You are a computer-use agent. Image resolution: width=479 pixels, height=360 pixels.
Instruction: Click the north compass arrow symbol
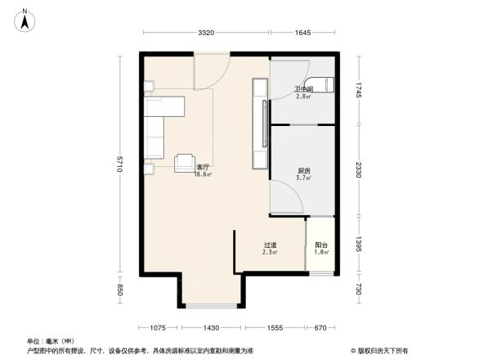pos(25,18)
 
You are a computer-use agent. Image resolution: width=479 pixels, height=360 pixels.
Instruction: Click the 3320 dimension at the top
pos(205,33)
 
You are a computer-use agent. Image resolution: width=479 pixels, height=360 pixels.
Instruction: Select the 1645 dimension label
pos(302,33)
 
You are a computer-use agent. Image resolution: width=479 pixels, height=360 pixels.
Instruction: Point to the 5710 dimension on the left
pos(119,164)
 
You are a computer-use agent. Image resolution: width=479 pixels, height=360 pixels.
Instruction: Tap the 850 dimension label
pos(119,289)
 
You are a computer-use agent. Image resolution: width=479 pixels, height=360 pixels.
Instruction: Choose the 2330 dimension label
pos(358,169)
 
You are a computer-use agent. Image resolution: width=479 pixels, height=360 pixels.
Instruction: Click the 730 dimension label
pos(358,287)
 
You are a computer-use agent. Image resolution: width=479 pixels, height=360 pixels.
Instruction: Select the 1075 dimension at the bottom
pos(159,327)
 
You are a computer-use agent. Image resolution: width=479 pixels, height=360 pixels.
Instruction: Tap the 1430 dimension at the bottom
pos(211,327)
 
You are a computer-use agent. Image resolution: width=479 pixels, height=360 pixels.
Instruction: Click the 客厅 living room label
pos(203,168)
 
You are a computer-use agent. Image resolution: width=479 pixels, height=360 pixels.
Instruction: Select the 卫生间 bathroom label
pos(304,89)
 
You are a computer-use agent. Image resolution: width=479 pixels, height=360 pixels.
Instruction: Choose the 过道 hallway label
pos(270,245)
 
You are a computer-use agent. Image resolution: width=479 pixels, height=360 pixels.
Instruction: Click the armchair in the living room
pos(186,162)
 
